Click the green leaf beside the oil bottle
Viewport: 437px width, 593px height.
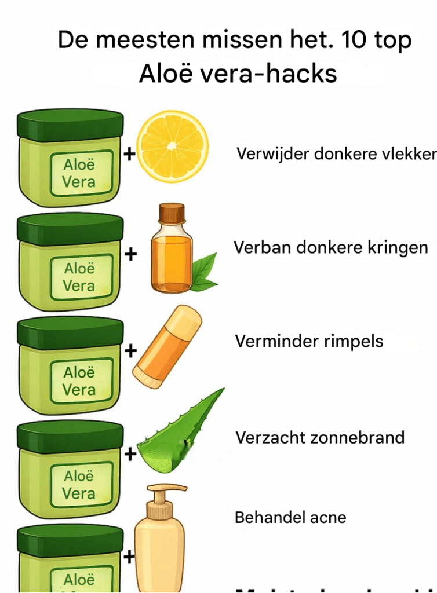click(204, 273)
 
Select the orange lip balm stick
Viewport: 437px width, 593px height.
click(167, 346)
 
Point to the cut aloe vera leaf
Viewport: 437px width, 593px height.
click(180, 431)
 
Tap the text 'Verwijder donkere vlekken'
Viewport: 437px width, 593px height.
click(336, 154)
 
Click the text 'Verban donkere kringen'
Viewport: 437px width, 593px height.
click(330, 247)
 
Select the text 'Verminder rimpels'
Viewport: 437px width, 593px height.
click(309, 341)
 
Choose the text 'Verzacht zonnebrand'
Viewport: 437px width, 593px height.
click(319, 437)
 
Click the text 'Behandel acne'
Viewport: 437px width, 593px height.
click(290, 517)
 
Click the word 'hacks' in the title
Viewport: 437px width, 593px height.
click(304, 75)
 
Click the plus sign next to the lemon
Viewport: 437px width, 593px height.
click(130, 155)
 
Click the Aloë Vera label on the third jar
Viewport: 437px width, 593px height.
click(79, 381)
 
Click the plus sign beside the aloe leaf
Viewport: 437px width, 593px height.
click(130, 453)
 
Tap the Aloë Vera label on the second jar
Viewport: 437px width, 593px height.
click(79, 277)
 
